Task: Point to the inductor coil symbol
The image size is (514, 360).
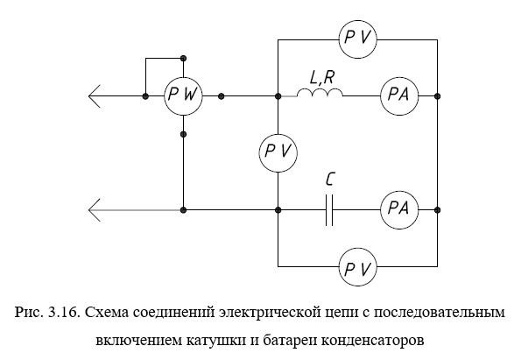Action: click(x=320, y=93)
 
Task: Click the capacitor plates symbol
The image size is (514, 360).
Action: click(x=329, y=210)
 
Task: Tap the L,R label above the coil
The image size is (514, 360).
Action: click(x=322, y=78)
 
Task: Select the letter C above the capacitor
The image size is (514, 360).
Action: click(x=330, y=180)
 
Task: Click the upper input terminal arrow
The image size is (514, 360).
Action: click(x=94, y=96)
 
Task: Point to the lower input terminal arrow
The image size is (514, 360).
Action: click(x=94, y=210)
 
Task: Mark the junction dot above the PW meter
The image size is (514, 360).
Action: click(x=184, y=59)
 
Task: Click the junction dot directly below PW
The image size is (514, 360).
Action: click(x=184, y=134)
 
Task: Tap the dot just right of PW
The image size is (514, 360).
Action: click(x=222, y=96)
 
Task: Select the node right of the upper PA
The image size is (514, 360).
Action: click(x=437, y=96)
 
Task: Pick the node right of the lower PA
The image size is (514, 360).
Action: click(x=437, y=210)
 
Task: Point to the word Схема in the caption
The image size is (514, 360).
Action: click(x=107, y=312)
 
